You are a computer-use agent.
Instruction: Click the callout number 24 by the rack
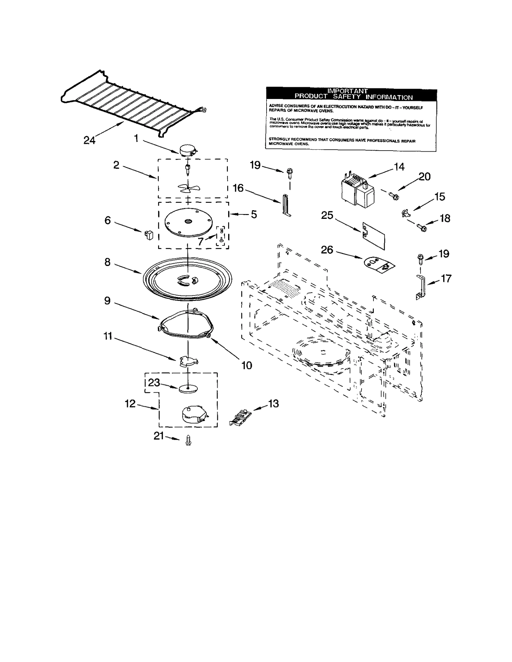coord(89,140)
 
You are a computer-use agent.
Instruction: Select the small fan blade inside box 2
coord(187,188)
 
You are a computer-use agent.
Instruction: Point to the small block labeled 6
coord(149,235)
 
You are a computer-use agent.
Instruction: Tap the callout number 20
coord(424,176)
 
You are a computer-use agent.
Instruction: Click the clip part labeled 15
coord(405,212)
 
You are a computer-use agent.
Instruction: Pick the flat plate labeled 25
coord(374,236)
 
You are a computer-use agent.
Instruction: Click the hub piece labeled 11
coord(188,361)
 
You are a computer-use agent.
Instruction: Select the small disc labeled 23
coord(188,389)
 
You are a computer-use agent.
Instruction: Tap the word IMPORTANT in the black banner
coord(347,91)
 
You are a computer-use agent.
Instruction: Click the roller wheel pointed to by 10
coord(209,335)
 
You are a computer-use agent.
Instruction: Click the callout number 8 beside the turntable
coord(108,262)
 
